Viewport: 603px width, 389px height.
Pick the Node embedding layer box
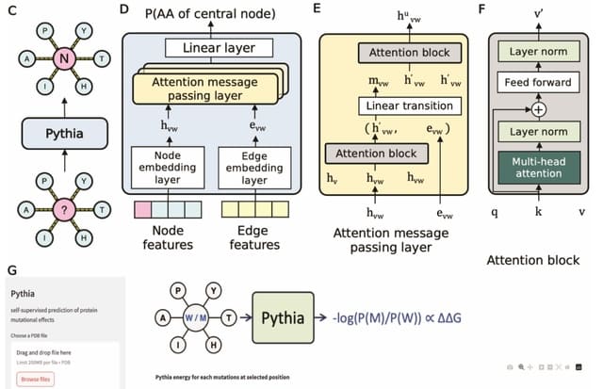pyautogui.click(x=167, y=167)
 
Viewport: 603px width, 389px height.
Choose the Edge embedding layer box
pyautogui.click(x=257, y=167)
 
